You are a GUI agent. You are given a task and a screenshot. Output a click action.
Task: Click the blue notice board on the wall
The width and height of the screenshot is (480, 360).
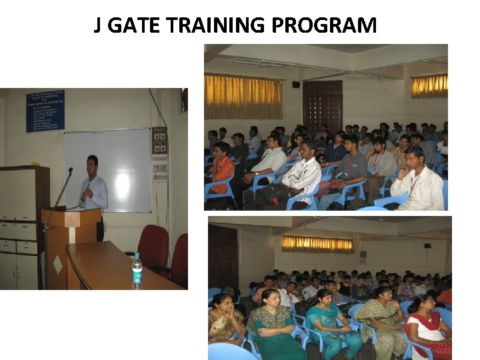(x=45, y=111)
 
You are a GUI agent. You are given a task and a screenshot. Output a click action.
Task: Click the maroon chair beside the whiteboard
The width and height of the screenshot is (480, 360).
(x=153, y=247)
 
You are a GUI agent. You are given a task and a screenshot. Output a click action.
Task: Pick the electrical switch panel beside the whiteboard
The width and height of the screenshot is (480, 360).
(x=159, y=141)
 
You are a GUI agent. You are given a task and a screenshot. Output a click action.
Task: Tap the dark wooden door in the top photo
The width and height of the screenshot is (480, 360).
(x=322, y=107)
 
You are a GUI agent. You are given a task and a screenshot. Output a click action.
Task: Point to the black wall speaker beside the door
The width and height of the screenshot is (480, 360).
(x=296, y=85)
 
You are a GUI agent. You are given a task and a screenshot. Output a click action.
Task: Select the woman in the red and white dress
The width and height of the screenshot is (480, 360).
(x=427, y=330)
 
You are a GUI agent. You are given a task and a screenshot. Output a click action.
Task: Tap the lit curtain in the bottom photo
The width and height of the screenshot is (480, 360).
(x=317, y=243)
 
